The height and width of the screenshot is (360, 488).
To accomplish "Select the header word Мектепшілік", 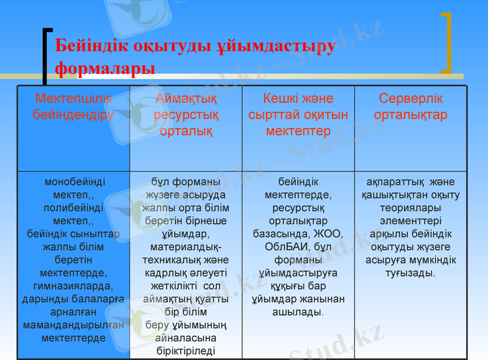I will tap(73, 98).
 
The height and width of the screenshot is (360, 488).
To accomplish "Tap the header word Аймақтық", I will tap(186, 98).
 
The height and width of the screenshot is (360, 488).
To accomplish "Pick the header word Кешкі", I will tap(281, 98).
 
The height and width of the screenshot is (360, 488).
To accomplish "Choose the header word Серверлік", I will tap(411, 98).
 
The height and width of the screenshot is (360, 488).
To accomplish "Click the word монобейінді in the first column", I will tap(73, 182).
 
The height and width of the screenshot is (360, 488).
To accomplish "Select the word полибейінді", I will tap(73, 207).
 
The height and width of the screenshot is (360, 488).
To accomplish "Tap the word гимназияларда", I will tap(73, 286).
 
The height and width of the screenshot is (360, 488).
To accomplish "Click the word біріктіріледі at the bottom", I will tap(186, 351).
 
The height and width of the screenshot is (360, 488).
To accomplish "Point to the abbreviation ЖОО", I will tap(330, 234).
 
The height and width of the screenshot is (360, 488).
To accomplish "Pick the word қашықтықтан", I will tap(392, 195).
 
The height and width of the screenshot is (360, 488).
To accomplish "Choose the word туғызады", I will tap(411, 273).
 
